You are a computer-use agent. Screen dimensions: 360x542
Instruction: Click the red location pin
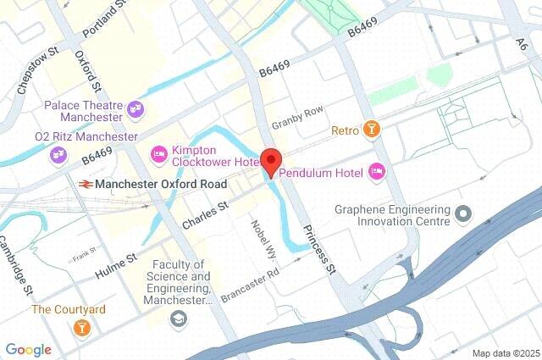[x=270, y=161]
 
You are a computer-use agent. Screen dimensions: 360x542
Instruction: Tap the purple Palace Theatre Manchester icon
[x=135, y=108]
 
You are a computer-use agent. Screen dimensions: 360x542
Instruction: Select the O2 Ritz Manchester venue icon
[x=58, y=154]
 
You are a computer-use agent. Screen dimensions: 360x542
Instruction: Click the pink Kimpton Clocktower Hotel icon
[x=158, y=153]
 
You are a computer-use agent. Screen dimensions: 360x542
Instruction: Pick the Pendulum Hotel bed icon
[x=377, y=173]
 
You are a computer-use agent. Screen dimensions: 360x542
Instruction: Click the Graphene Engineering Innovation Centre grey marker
[x=462, y=213]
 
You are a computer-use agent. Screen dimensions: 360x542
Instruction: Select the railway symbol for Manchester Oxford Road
[x=86, y=183]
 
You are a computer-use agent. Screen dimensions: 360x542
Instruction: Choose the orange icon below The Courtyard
[x=81, y=327]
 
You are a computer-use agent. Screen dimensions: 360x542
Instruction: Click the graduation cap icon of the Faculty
[x=178, y=318]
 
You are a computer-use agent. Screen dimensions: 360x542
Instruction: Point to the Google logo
[x=28, y=349]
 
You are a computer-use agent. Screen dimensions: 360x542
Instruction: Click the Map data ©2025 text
[x=505, y=352]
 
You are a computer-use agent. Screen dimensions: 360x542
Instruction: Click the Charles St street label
[x=205, y=215]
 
